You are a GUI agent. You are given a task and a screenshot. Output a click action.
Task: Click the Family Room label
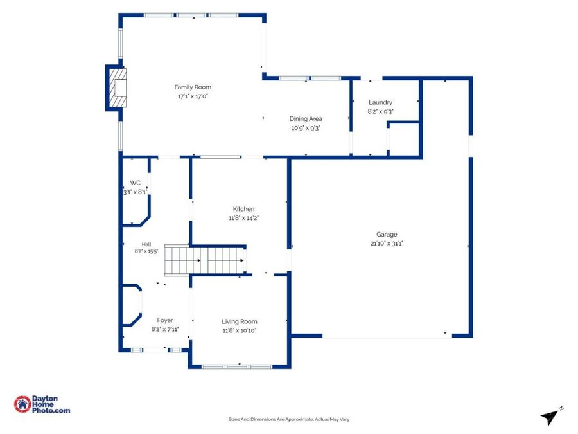tap(193, 87)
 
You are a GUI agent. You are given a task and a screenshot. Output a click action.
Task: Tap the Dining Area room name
tap(306, 118)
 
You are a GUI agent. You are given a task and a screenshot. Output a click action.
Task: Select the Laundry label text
tap(380, 102)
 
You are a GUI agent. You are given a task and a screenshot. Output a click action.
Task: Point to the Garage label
tap(387, 234)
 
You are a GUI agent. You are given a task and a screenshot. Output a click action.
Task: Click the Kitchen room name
tap(243, 209)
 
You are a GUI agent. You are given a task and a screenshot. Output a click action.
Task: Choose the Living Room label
tap(240, 322)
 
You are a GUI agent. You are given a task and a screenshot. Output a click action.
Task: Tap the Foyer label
tap(165, 320)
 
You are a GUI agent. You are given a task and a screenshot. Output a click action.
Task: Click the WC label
tap(135, 183)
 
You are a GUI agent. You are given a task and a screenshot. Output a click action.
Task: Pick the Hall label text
tap(146, 244)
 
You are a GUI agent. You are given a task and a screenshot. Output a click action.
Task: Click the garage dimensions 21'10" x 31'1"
tap(387, 244)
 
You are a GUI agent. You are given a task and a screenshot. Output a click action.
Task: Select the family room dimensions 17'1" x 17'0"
tap(193, 96)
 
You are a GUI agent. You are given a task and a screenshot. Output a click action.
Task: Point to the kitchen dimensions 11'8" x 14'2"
tap(243, 218)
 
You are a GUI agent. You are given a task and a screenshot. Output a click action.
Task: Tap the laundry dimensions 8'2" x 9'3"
tap(380, 111)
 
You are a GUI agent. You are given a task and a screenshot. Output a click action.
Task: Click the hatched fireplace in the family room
tap(118, 88)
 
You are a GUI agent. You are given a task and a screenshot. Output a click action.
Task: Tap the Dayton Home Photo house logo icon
tap(22, 404)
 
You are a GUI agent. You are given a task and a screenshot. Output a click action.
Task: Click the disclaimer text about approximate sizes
tap(288, 419)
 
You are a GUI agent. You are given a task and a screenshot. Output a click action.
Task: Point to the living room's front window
tap(237, 367)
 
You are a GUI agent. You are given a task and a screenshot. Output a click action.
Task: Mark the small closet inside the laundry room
tap(404, 139)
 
